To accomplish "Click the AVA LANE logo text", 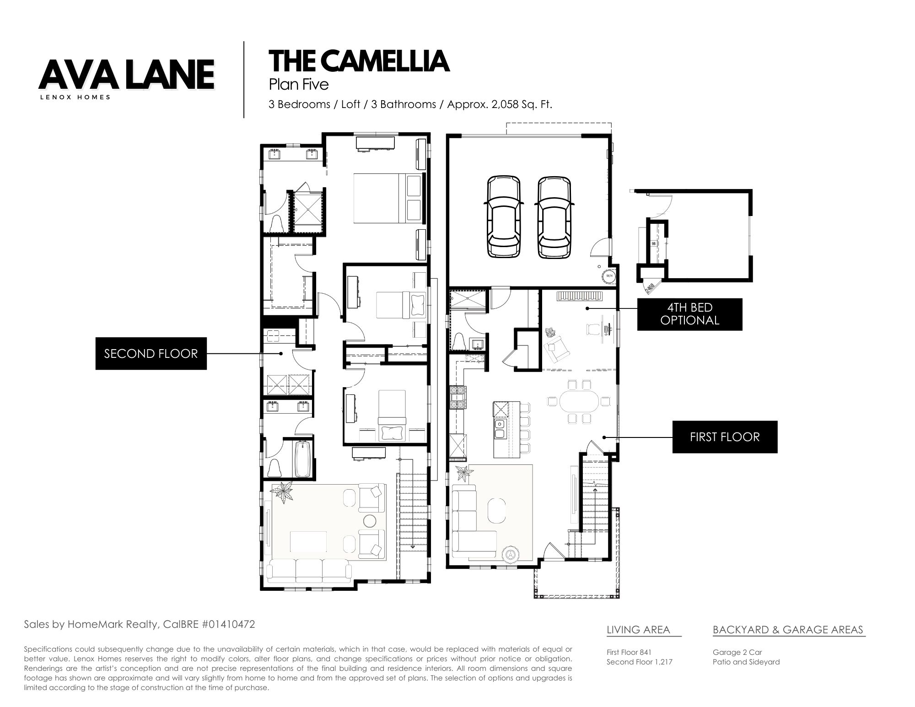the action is [126, 75].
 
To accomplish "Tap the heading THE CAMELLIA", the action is [359, 61].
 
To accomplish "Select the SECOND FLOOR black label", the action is [151, 353].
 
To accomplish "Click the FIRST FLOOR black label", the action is [725, 437].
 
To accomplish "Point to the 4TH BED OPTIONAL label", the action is [690, 314].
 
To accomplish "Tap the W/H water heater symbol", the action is [609, 276].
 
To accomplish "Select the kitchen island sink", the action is [500, 428].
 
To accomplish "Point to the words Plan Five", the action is [299, 85].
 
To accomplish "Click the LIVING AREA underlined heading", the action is [638, 630].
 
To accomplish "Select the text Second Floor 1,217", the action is [640, 662].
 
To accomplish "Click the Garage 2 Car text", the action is [737, 652].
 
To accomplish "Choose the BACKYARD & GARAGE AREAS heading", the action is [788, 630].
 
